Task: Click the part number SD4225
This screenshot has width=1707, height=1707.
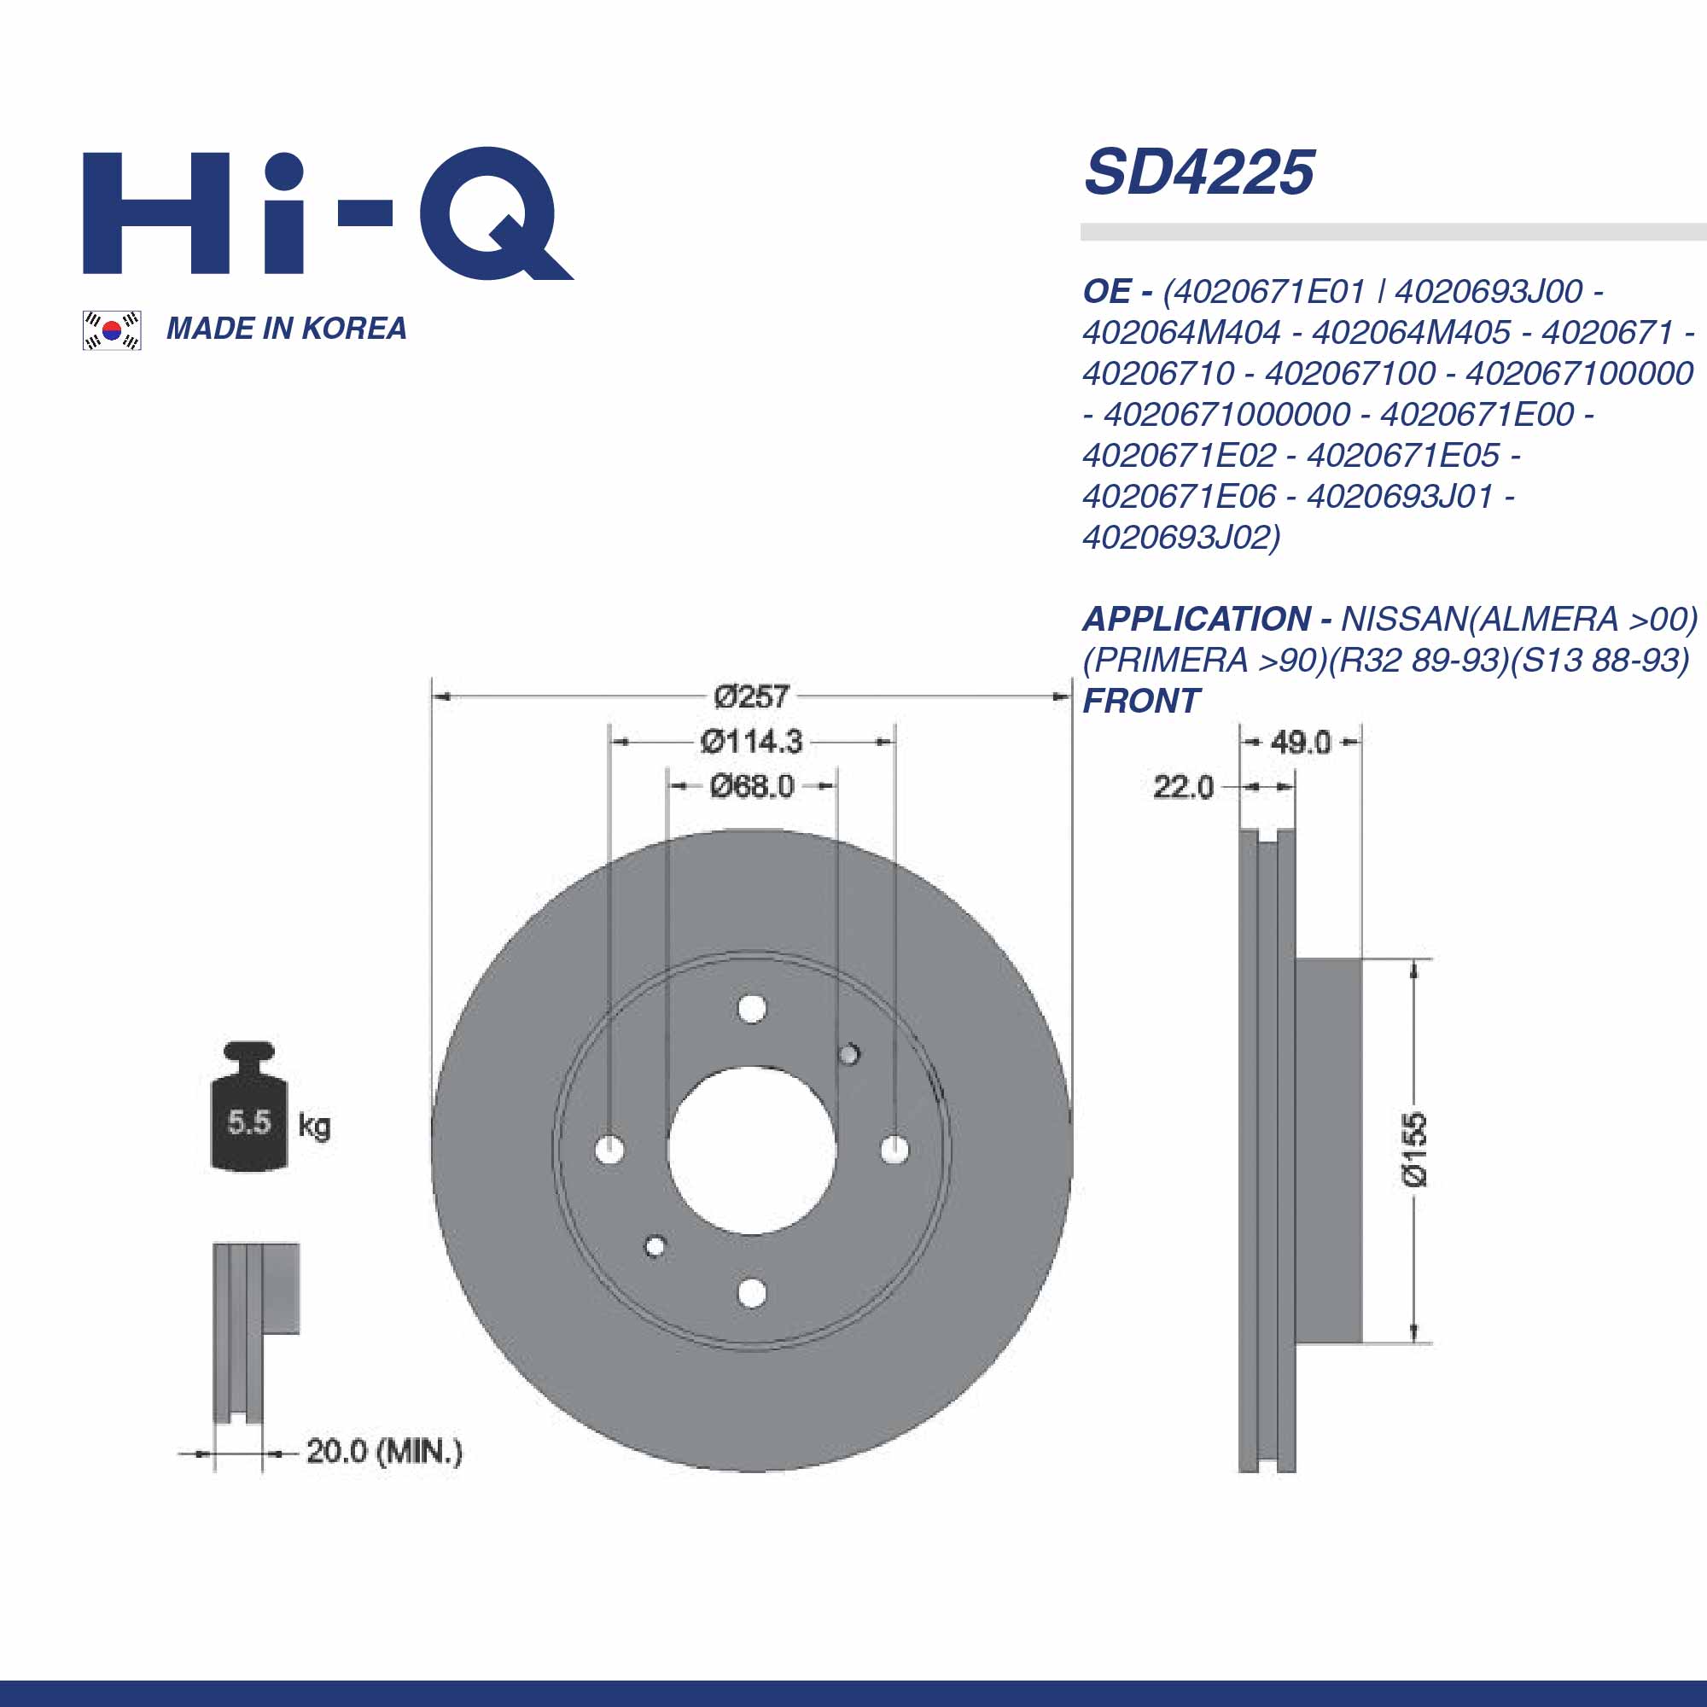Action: pyautogui.click(x=1199, y=172)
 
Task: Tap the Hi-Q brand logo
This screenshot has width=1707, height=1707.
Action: pyautogui.click(x=327, y=214)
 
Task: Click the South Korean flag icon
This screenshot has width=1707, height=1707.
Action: pyautogui.click(x=111, y=330)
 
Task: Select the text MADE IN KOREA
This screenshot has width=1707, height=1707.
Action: pyautogui.click(x=286, y=329)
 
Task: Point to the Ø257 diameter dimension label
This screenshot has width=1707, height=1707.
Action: pyautogui.click(x=751, y=697)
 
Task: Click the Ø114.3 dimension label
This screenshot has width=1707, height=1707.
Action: pyautogui.click(x=751, y=743)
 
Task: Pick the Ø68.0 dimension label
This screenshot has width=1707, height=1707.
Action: pyautogui.click(x=752, y=786)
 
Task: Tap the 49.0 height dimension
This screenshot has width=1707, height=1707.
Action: pyautogui.click(x=1301, y=743)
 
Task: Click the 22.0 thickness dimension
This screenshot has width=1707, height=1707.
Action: pyautogui.click(x=1183, y=787)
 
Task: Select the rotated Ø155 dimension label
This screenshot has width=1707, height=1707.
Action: pyautogui.click(x=1414, y=1150)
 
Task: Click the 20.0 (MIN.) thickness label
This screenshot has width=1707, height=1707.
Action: pyautogui.click(x=384, y=1452)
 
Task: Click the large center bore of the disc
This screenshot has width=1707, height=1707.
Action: pyautogui.click(x=752, y=1150)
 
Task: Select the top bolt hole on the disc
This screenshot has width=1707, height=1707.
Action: pyautogui.click(x=752, y=1008)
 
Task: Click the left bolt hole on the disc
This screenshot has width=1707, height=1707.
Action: pyautogui.click(x=609, y=1150)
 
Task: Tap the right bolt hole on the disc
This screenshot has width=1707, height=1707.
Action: pyautogui.click(x=895, y=1149)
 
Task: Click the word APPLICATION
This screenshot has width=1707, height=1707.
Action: pyautogui.click(x=1197, y=620)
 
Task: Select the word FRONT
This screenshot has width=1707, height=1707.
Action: pyautogui.click(x=1140, y=702)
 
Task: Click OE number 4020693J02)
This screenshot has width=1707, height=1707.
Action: pyautogui.click(x=1181, y=537)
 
